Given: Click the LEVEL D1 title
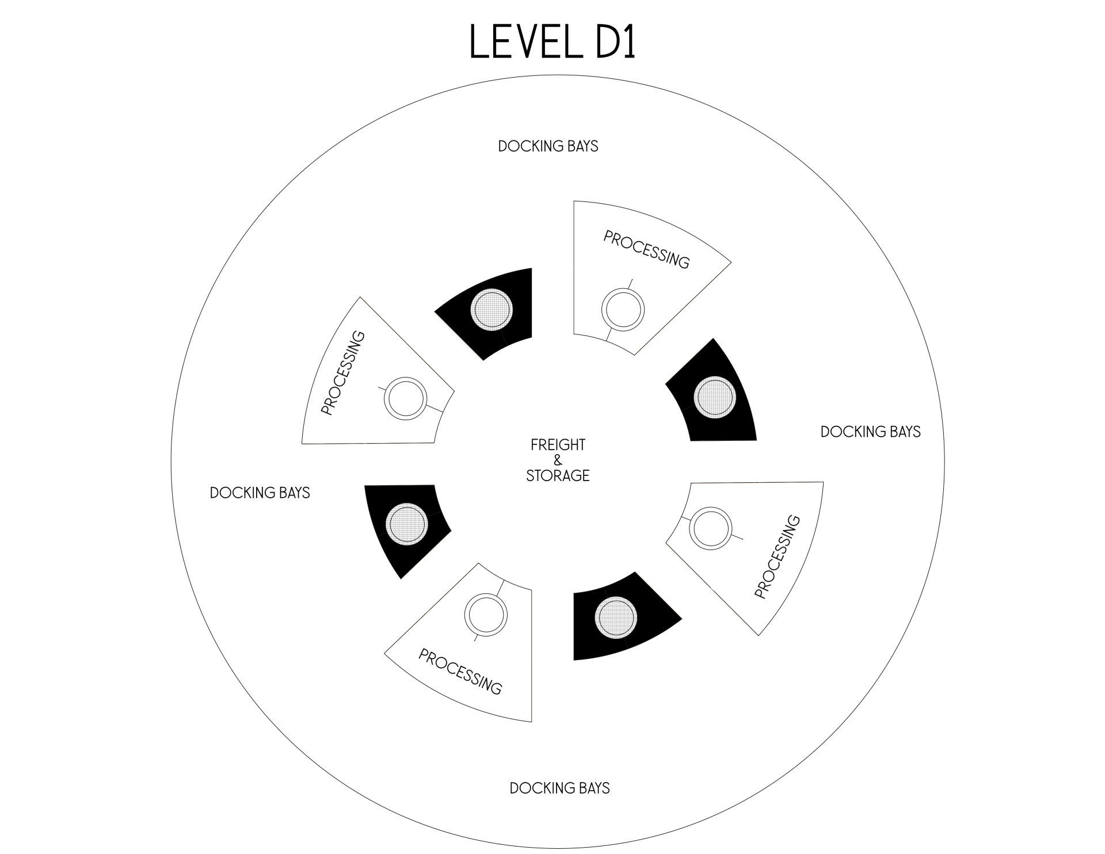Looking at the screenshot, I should (552, 41).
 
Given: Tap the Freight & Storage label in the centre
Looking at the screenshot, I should (558, 460).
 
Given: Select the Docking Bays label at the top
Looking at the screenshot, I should (548, 147).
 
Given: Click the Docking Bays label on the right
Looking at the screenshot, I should (870, 432).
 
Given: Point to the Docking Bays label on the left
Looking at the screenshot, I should (260, 493).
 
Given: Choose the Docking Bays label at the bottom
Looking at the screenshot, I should (559, 788).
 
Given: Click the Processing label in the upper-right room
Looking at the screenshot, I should (646, 250).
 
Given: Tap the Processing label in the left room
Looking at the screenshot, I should (343, 372).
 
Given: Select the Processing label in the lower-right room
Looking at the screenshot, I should (777, 556).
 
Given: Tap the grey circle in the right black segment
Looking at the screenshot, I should (714, 396).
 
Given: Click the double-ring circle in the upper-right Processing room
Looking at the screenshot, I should (623, 310).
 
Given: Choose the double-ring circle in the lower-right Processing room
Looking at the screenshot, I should (711, 528).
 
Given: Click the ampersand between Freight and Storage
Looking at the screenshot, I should (557, 460).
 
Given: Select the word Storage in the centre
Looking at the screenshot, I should (558, 476).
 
